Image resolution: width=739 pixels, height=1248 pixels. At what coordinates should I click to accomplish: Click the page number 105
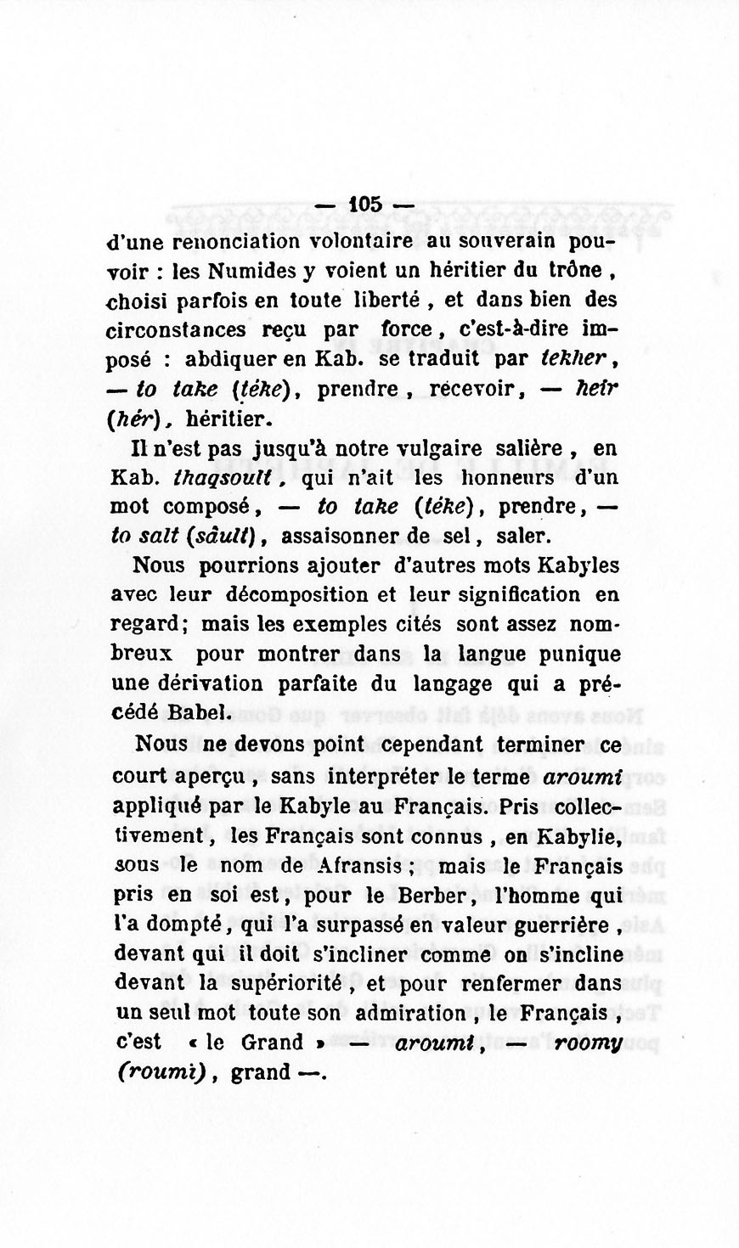[x=366, y=205]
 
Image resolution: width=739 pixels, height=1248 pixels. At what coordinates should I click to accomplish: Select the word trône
[x=577, y=271]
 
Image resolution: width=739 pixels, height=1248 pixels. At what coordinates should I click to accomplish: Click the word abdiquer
[x=230, y=360]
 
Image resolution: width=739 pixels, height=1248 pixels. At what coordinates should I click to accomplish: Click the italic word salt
[x=155, y=537]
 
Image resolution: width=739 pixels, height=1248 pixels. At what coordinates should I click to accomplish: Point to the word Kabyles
[x=575, y=566]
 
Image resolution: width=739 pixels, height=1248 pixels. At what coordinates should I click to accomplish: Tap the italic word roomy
[x=586, y=1044]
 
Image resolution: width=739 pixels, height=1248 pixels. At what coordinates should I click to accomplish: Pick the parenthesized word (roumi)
[x=161, y=1073]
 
